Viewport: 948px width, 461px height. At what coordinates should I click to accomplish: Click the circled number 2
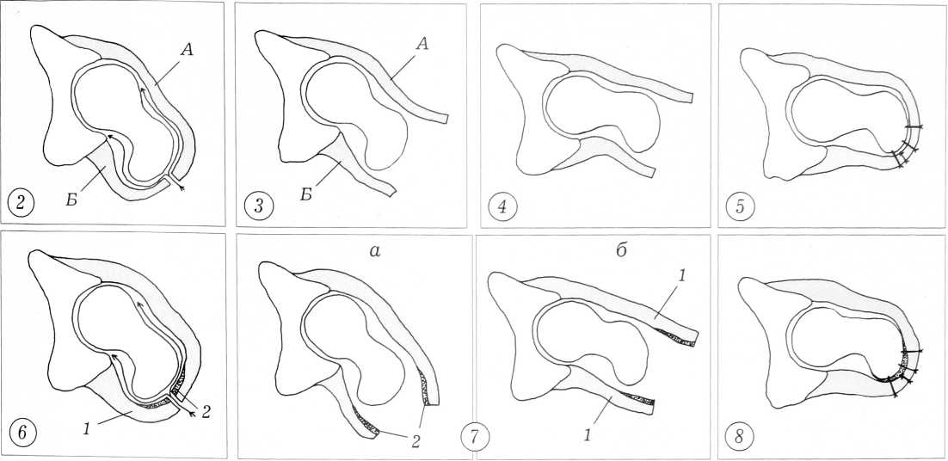21,204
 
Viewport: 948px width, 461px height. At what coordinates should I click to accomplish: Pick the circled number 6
21,435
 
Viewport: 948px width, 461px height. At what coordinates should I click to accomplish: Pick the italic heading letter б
618,249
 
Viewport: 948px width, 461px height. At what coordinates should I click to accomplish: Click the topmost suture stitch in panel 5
914,127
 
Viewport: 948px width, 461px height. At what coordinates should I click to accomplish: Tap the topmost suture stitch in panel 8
911,351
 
